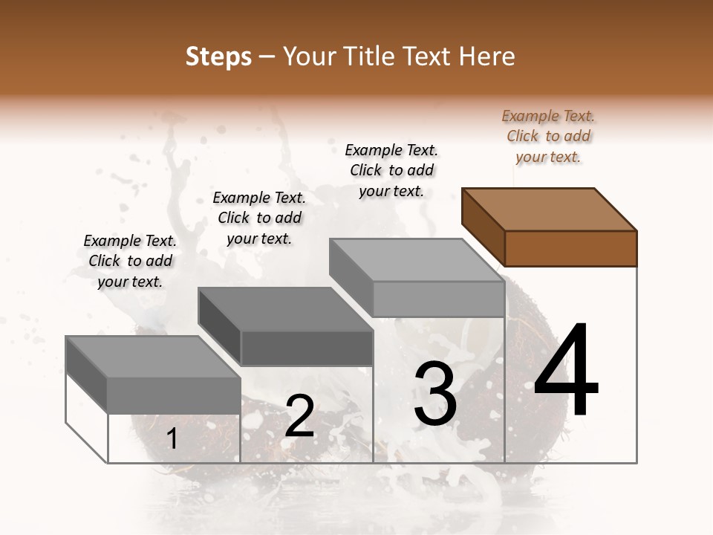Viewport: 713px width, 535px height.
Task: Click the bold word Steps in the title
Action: (x=218, y=56)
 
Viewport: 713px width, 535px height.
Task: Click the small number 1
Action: (x=172, y=439)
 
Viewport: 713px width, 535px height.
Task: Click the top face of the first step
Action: (x=153, y=357)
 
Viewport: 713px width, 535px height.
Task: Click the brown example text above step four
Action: (x=548, y=136)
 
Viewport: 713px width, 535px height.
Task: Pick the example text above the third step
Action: (x=391, y=170)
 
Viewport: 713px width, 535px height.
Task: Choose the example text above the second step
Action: (x=259, y=218)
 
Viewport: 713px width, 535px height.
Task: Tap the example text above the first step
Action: (x=130, y=261)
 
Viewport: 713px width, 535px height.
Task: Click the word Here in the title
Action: (x=486, y=56)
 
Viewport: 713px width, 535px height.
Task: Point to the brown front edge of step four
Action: (x=570, y=248)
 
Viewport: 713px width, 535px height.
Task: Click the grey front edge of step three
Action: (x=438, y=299)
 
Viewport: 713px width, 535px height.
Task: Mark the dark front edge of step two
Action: (x=306, y=348)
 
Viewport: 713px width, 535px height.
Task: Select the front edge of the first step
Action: (x=174, y=395)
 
